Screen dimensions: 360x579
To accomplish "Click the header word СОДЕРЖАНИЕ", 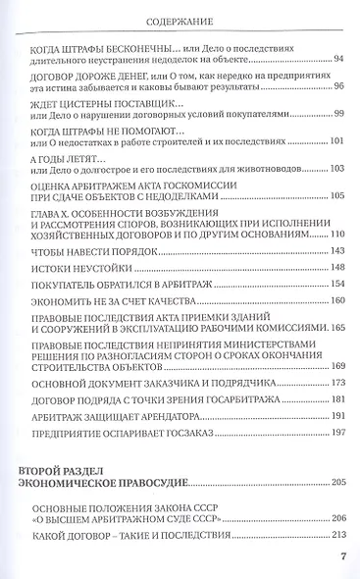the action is pos(180,19).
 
